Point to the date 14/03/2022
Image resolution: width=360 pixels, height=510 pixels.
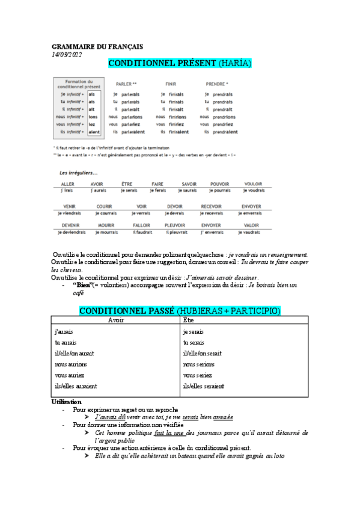click(x=66, y=55)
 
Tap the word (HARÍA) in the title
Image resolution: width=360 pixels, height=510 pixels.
click(x=234, y=63)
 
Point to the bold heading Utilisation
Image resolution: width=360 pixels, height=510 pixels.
click(x=67, y=402)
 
